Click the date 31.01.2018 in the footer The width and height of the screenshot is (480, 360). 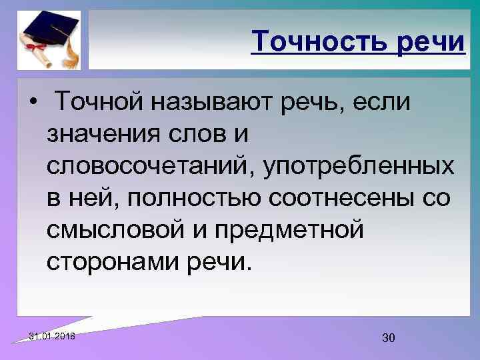coord(53,335)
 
